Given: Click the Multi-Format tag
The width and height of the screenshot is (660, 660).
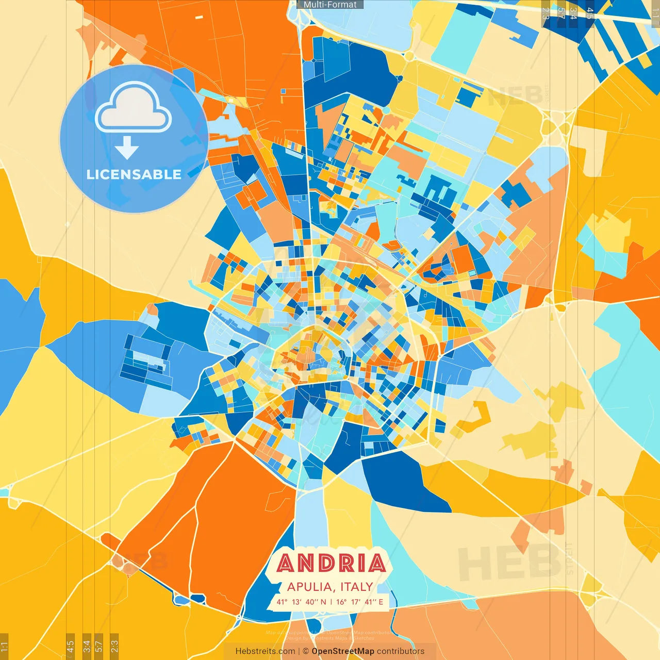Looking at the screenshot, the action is (x=330, y=5).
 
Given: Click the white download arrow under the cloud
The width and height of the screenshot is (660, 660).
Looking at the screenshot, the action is (x=127, y=148).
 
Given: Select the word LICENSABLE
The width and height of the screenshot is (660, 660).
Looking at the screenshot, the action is (x=134, y=174).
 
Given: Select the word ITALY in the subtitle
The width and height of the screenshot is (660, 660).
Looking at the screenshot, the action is (x=356, y=587).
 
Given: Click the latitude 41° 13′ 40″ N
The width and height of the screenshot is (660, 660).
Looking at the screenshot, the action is (x=301, y=602).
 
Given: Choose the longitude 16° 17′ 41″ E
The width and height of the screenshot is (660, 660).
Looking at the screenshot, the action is (x=359, y=602).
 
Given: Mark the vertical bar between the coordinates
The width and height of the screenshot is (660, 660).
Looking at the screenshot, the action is (x=331, y=602).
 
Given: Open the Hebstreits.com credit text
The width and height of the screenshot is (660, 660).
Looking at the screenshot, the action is (x=266, y=651).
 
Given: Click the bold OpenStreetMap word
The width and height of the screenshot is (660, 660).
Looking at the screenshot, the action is (x=343, y=651).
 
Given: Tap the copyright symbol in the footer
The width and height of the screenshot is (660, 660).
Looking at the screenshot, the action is (x=306, y=651).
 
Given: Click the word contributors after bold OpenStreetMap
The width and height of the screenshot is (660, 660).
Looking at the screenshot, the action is (x=401, y=651).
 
